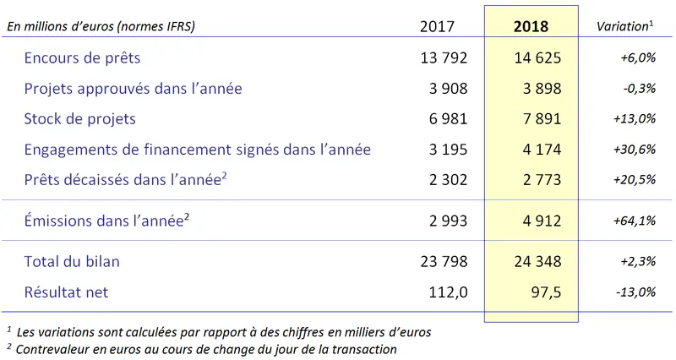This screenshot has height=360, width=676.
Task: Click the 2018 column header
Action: (531, 26)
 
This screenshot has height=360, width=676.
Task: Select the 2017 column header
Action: (437, 26)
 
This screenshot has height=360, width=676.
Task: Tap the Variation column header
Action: (624, 26)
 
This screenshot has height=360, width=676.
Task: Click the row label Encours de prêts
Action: (83, 58)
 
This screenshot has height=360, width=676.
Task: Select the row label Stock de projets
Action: (80, 119)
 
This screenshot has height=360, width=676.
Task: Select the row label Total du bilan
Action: (73, 261)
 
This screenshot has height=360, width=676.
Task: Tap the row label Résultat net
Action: (67, 292)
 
